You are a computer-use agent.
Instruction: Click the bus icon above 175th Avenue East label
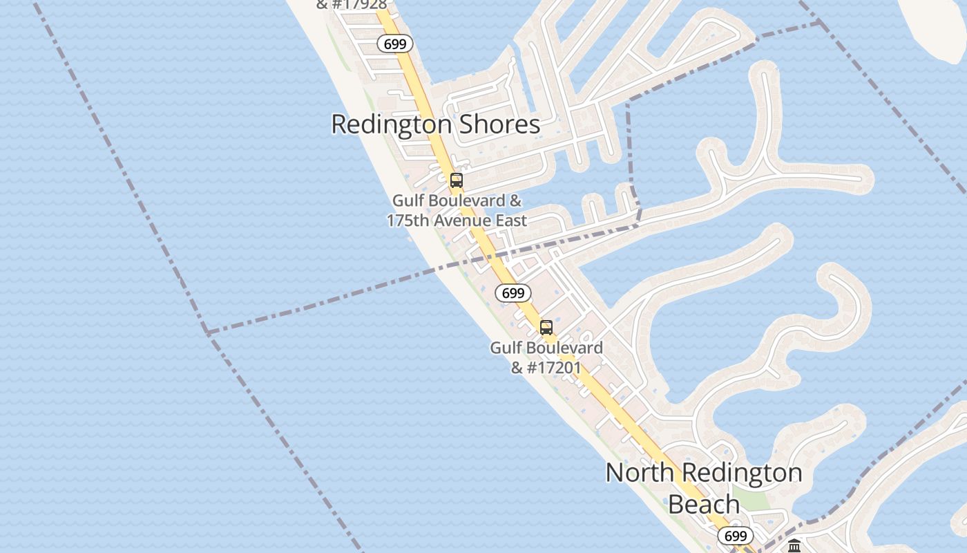(x=456, y=180)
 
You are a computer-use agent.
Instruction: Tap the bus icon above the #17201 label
(x=546, y=327)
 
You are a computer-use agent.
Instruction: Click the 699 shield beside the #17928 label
(x=395, y=44)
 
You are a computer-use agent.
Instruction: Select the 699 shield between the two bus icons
(x=513, y=293)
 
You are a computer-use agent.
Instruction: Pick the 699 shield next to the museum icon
(x=736, y=536)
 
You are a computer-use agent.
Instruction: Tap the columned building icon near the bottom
(x=794, y=546)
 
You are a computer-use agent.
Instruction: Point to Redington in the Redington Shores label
(x=387, y=124)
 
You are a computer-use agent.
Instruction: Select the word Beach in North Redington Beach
(x=704, y=505)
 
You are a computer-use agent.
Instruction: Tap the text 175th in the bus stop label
(x=407, y=221)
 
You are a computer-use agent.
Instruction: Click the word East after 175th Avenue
(x=510, y=221)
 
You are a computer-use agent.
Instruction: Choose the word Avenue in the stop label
(x=465, y=221)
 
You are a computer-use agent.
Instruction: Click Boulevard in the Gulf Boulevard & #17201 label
(x=562, y=348)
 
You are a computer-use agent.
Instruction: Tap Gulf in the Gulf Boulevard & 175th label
(x=406, y=201)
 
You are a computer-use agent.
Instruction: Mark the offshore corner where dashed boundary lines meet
(x=207, y=332)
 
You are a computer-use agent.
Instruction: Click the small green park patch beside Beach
(x=758, y=499)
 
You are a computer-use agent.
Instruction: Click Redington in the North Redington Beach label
(x=738, y=474)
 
